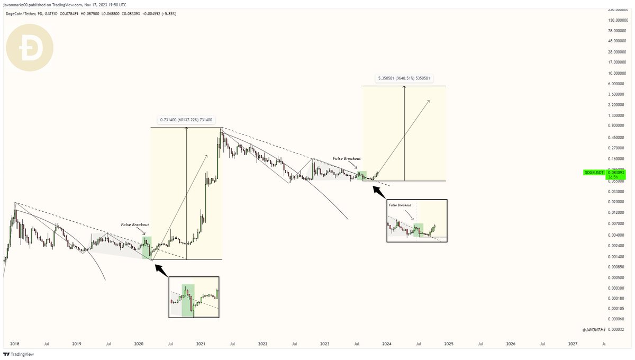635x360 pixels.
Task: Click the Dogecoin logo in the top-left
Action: pyautogui.click(x=30, y=48)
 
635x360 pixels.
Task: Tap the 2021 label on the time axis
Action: pyautogui.click(x=201, y=344)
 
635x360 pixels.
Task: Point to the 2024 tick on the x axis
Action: pyautogui.click(x=387, y=344)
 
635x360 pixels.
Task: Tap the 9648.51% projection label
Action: pyautogui.click(x=404, y=79)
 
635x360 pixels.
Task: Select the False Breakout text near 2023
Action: pyautogui.click(x=347, y=158)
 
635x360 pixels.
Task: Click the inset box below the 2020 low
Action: pyautogui.click(x=194, y=297)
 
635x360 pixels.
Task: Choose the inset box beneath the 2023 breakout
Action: pyautogui.click(x=416, y=221)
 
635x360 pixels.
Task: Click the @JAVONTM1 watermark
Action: pyautogui.click(x=595, y=330)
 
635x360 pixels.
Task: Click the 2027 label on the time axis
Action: pyautogui.click(x=573, y=344)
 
